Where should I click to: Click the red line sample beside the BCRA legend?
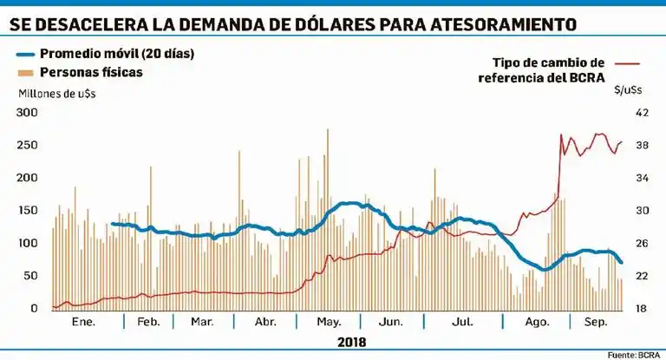[626, 63]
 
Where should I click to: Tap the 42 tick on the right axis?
[643, 113]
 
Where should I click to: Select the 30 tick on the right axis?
[643, 211]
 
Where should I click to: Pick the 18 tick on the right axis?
[643, 309]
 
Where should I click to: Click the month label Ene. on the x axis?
[82, 322]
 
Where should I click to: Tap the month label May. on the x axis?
[328, 322]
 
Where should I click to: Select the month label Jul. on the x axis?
[463, 322]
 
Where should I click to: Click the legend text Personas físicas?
[91, 72]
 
